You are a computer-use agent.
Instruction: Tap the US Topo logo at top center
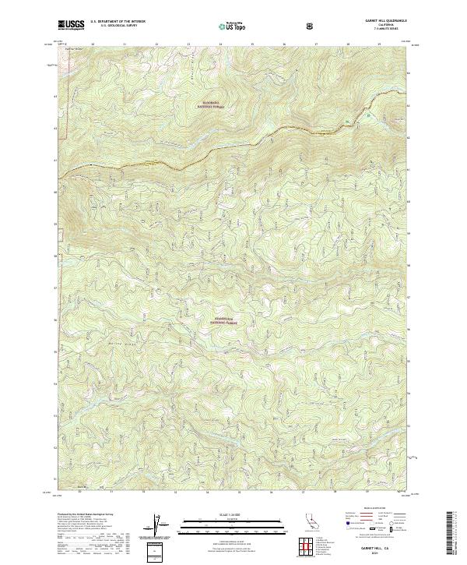tap(233, 26)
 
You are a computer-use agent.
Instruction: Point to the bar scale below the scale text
tap(233, 525)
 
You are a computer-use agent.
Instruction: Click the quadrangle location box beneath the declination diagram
tap(158, 550)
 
